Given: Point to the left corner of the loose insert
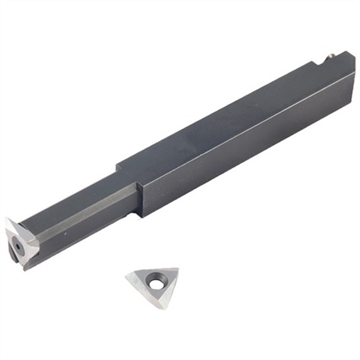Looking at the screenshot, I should [x=127, y=273].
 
